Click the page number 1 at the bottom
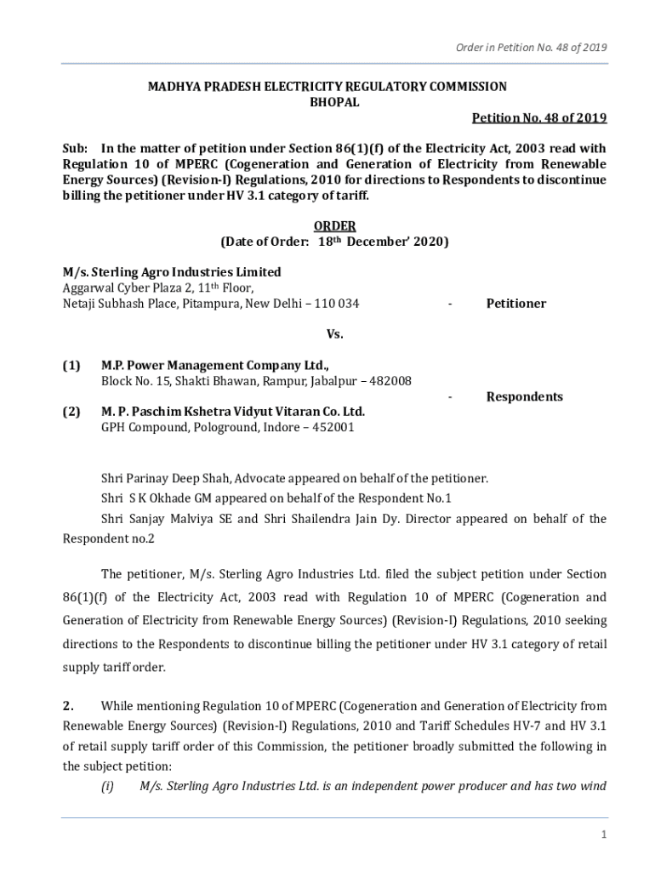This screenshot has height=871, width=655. [603, 834]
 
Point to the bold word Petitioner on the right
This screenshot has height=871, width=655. [515, 304]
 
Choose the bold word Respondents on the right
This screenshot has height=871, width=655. [524, 396]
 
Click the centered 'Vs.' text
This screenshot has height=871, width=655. [334, 334]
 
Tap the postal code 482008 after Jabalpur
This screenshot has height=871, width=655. [387, 381]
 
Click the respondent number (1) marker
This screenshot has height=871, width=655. [71, 366]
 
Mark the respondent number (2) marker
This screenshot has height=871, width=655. [71, 412]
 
